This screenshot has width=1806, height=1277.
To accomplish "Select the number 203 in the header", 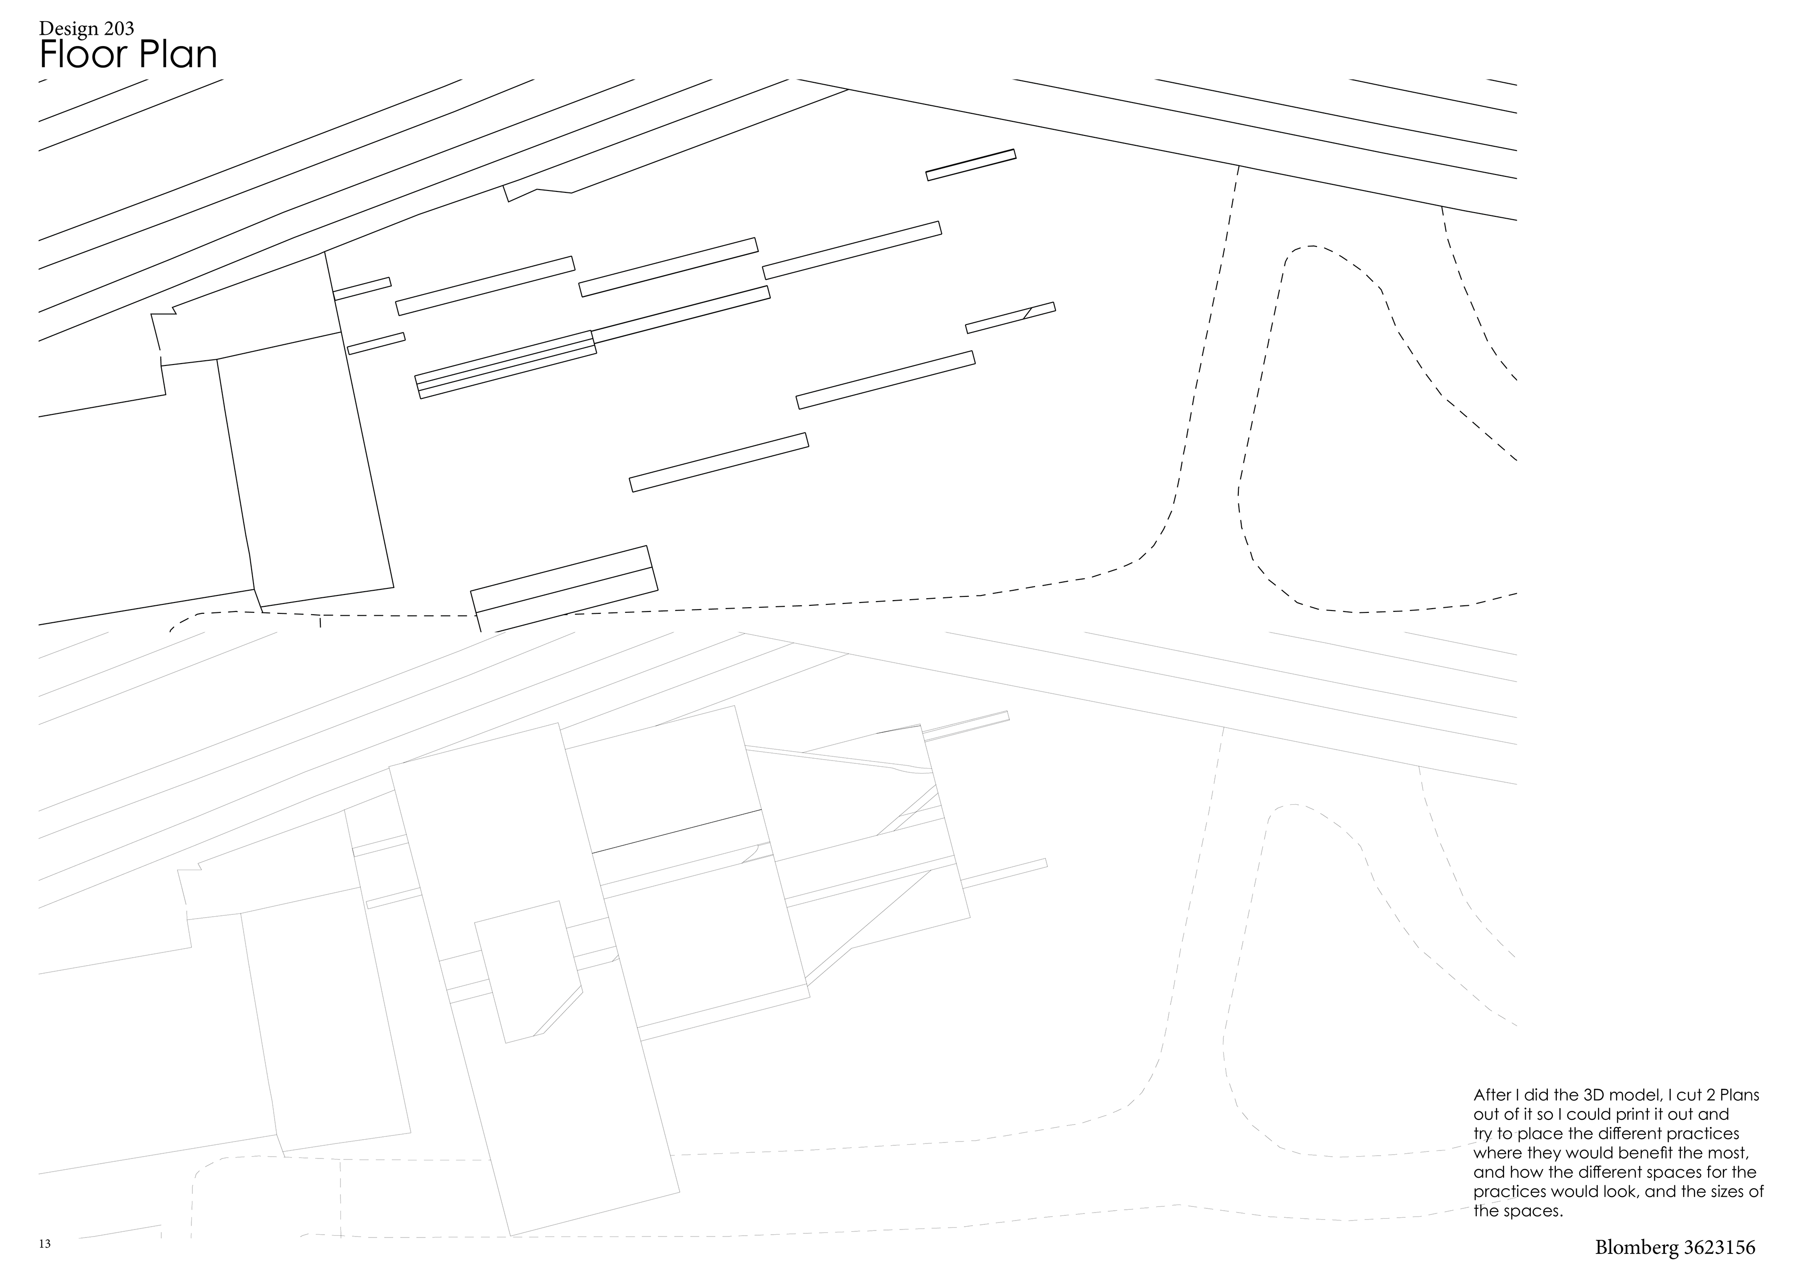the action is click(x=117, y=30).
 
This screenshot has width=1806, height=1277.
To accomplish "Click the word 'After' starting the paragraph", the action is click(x=1492, y=1095).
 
